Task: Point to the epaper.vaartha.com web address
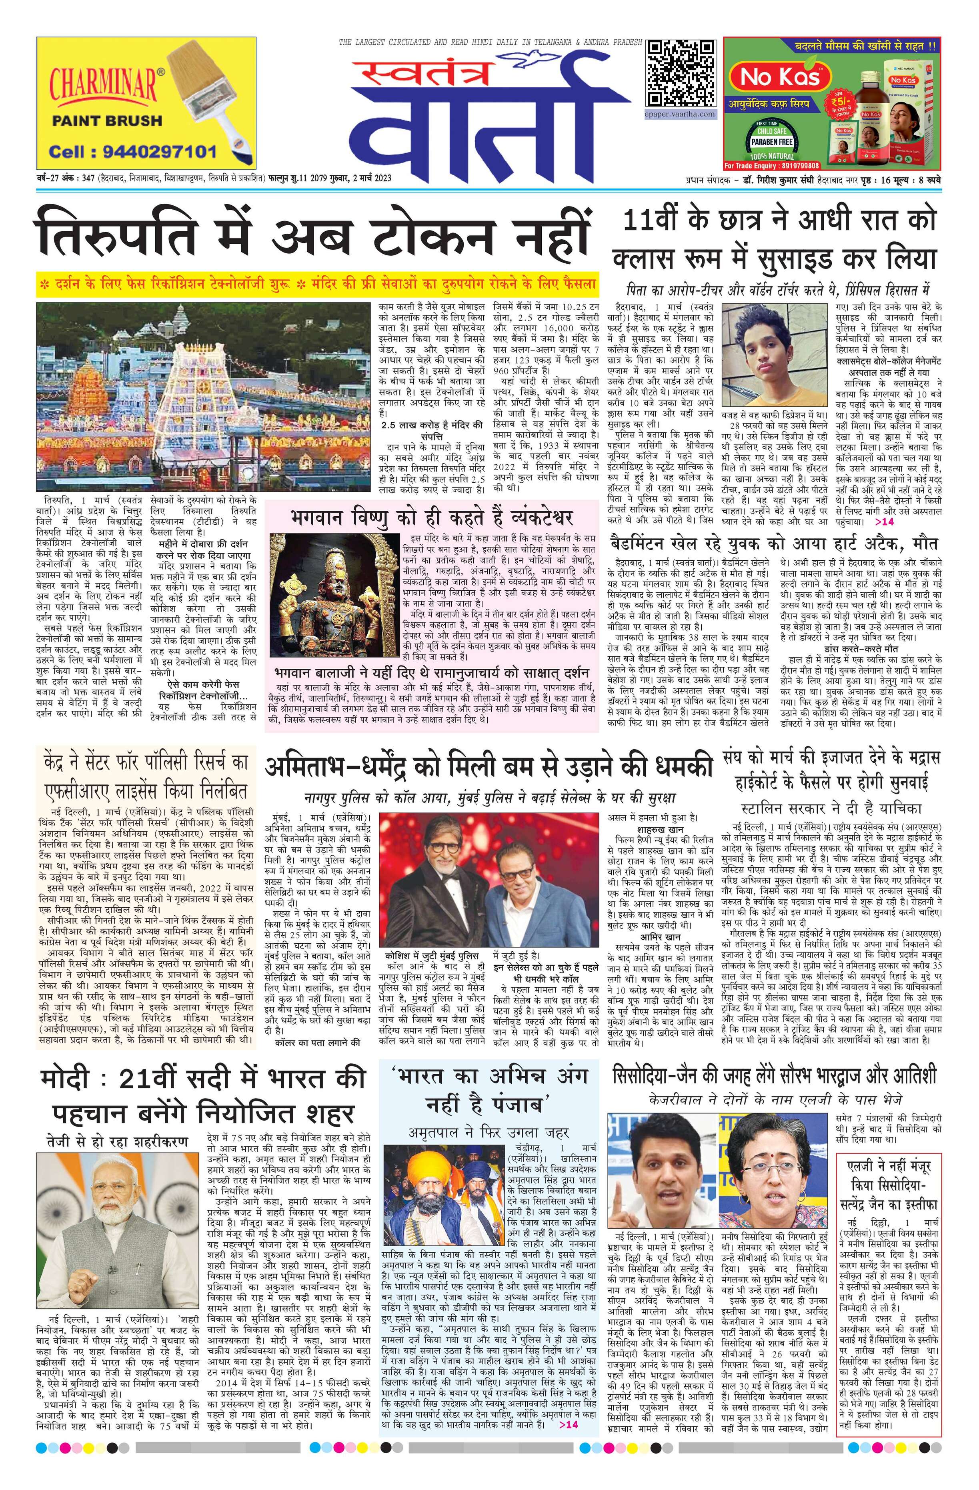click(x=681, y=114)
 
